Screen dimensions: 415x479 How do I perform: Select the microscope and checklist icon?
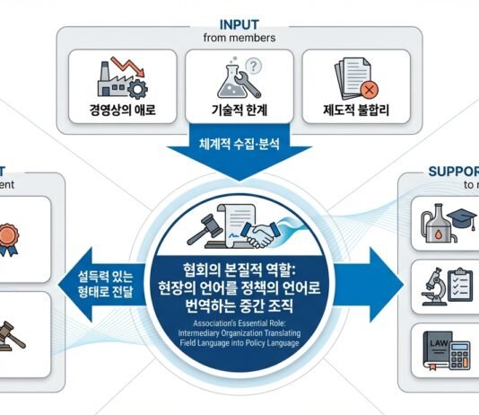[x=449, y=285]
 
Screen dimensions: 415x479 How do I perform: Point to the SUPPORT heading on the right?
[x=453, y=170]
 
